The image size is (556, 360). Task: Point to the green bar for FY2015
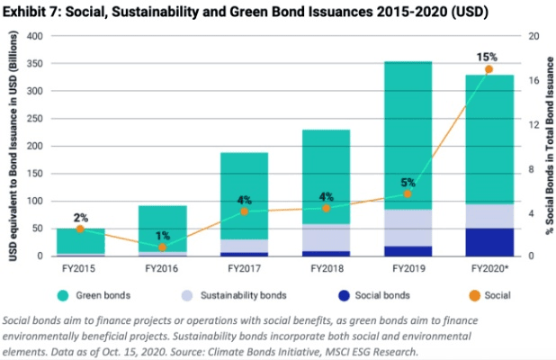[79, 241]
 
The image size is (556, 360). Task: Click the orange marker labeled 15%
[489, 69]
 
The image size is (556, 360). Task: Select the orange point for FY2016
[162, 247]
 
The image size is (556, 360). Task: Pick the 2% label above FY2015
[81, 218]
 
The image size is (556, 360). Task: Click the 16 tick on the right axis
[533, 80]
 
